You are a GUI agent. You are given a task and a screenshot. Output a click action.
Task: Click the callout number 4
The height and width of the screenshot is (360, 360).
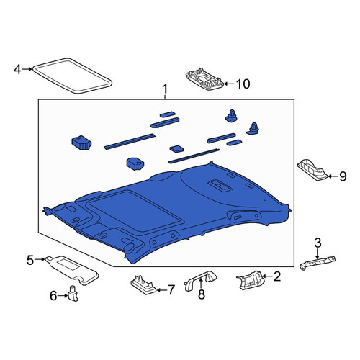click(x=17, y=70)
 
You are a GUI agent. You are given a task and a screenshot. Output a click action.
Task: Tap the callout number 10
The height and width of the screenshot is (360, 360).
click(x=243, y=84)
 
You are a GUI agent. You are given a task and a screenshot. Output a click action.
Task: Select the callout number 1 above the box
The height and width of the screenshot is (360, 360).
click(x=165, y=89)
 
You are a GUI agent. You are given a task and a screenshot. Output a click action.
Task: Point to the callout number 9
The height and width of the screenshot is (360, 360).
click(x=343, y=176)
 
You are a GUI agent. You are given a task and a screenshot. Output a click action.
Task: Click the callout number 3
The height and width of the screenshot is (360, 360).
click(x=318, y=243)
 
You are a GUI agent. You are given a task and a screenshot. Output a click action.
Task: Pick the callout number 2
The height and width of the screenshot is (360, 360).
click(x=277, y=276)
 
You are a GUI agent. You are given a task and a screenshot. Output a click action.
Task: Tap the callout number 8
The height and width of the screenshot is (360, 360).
click(x=202, y=294)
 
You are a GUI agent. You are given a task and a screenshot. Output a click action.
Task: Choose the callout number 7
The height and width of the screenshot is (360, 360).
click(x=171, y=290)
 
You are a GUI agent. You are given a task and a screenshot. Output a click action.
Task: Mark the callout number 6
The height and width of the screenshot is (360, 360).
click(x=53, y=296)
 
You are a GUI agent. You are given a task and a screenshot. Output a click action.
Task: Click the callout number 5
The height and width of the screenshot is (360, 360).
click(x=30, y=260)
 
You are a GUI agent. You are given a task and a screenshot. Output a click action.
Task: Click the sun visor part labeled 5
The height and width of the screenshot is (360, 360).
click(x=72, y=270)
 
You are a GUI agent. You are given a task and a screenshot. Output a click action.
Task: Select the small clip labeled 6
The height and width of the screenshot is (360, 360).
click(x=73, y=293)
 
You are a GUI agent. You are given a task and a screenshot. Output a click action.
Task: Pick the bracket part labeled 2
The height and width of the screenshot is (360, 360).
click(x=251, y=280)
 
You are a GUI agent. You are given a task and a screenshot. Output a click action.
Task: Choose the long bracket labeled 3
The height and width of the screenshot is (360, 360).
click(x=318, y=263)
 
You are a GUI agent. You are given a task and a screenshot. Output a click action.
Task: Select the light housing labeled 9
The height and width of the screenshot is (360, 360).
click(x=312, y=169)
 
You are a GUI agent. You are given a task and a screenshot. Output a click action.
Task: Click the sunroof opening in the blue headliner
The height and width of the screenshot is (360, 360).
click(x=135, y=210)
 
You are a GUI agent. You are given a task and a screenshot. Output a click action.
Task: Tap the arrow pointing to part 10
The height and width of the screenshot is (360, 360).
click(x=229, y=84)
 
